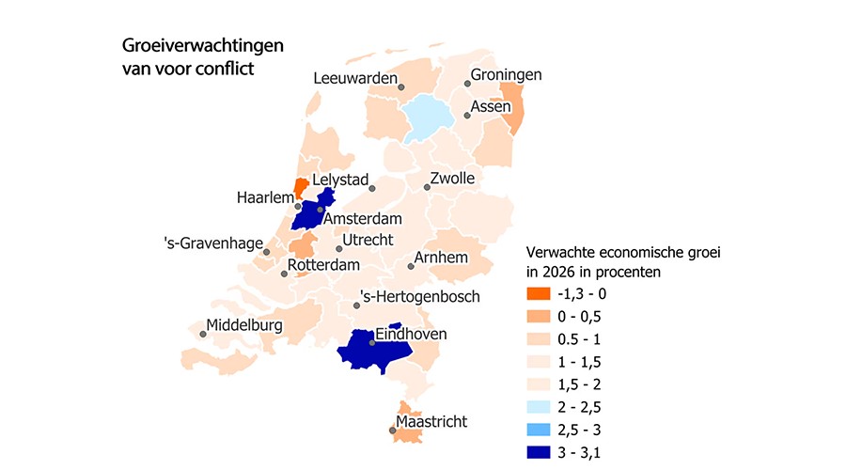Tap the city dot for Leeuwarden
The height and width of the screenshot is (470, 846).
click(401, 86)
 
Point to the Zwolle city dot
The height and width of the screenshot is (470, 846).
click(427, 187)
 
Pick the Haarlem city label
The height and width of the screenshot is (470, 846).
click(265, 197)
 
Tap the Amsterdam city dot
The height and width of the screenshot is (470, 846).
click(321, 209)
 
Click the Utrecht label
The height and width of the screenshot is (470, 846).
click(368, 241)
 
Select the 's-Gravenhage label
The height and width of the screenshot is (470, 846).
click(211, 244)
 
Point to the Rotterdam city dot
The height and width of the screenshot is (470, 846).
click(284, 275)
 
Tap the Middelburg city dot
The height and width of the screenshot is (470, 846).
click(203, 332)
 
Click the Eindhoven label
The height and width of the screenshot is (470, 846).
click(411, 334)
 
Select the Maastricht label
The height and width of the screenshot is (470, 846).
click(431, 421)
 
